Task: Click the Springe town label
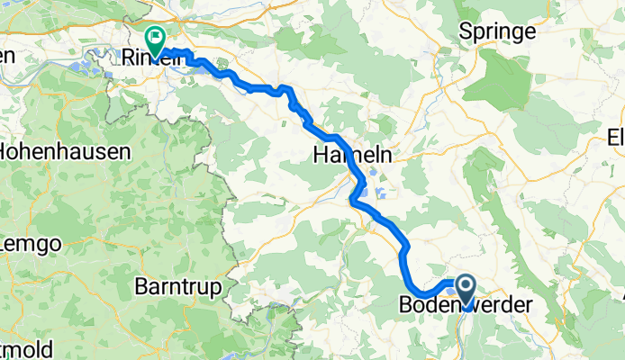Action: tap(497, 31)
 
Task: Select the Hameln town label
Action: tap(352, 155)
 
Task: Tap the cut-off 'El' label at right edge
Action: tap(616, 138)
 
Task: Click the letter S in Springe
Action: tap(466, 31)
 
